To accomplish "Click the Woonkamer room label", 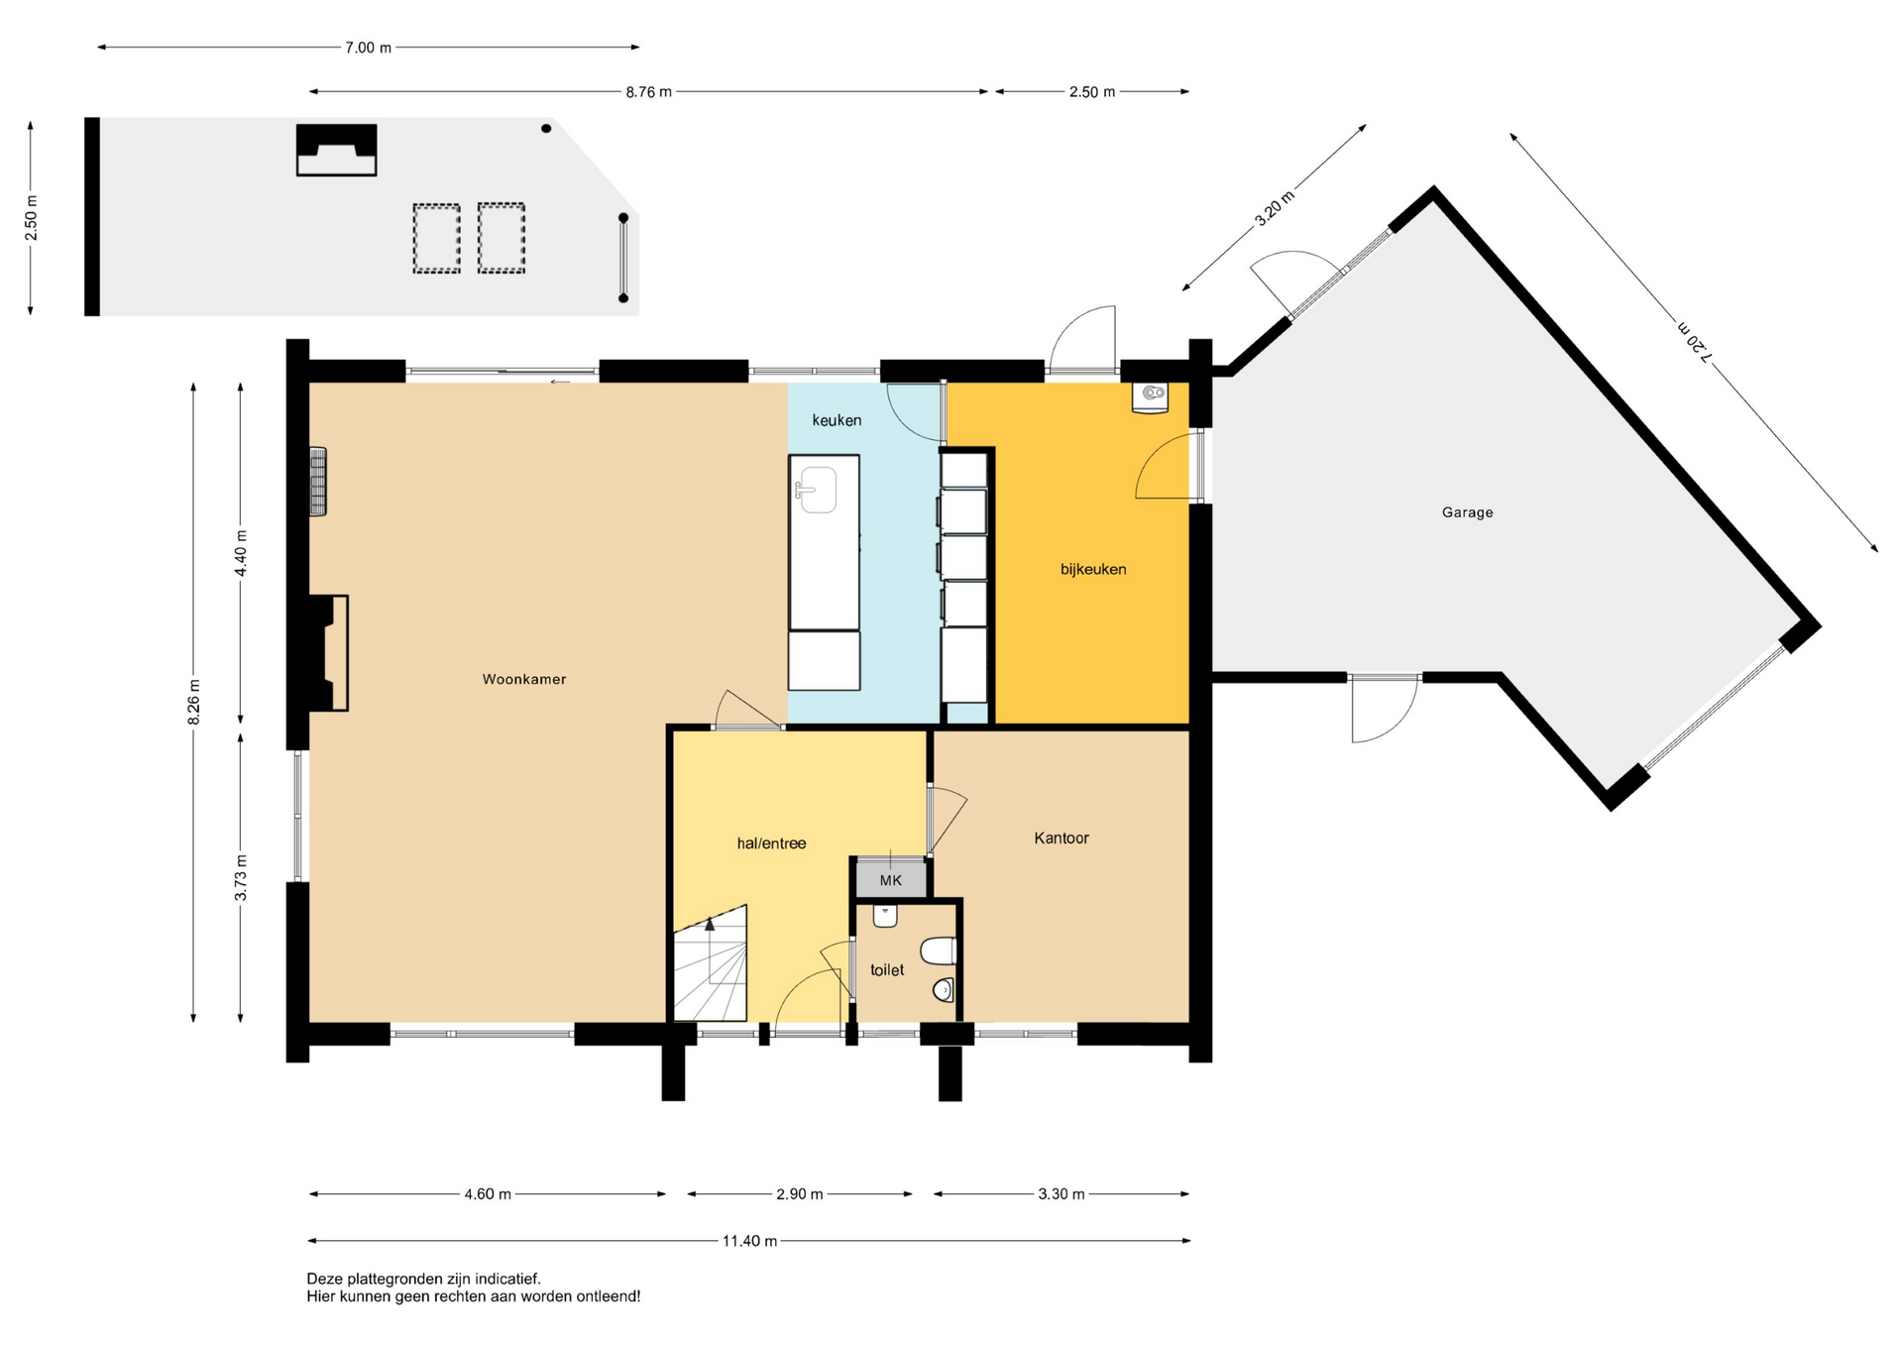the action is tap(524, 679).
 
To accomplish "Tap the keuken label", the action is tap(837, 420).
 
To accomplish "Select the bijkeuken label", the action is tap(1093, 569).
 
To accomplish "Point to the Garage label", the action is tap(1467, 512).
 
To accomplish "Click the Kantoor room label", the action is tap(1062, 838).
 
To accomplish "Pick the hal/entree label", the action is tap(771, 843).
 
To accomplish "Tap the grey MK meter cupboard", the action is tap(891, 879).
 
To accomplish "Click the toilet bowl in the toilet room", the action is tap(938, 952).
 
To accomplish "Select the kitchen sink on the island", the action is tap(817, 490).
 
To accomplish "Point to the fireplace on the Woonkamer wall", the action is tap(328, 652).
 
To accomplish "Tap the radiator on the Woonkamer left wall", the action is tap(318, 482).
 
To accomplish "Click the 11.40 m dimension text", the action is tap(749, 1241).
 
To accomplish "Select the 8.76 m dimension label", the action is tap(648, 92).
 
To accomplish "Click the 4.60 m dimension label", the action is tap(488, 1194).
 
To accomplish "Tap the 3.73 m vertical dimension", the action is tap(241, 878).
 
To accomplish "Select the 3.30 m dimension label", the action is tap(1062, 1194).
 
